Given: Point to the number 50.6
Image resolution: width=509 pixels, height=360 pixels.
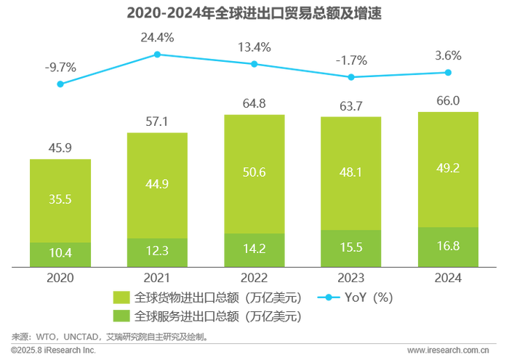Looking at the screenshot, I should [x=254, y=175].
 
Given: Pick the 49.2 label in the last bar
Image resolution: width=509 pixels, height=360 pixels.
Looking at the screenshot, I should [x=448, y=175].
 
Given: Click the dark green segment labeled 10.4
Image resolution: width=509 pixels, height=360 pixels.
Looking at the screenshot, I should [x=61, y=252].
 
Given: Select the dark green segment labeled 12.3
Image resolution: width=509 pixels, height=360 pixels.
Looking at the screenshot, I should [x=157, y=251].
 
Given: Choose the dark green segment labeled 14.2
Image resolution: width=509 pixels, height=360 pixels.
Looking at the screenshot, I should [x=254, y=249].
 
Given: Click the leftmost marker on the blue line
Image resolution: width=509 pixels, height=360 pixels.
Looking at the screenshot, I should [x=60, y=84].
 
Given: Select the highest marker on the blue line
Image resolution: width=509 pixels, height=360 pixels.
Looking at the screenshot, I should [x=157, y=54].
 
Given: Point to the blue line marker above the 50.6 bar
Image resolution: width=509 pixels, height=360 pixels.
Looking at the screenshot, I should [x=254, y=64].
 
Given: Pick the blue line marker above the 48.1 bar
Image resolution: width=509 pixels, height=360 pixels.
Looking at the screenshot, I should [x=351, y=76].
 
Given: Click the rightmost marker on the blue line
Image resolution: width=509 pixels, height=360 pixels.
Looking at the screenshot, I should [x=448, y=71].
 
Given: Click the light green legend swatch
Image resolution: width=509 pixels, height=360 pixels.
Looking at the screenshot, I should [x=121, y=298].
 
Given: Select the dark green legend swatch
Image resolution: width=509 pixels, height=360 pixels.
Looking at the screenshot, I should [x=121, y=316].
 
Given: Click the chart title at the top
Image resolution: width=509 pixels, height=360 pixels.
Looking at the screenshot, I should [x=254, y=13].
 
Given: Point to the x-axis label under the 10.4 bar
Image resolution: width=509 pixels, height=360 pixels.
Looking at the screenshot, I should [x=61, y=276].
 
